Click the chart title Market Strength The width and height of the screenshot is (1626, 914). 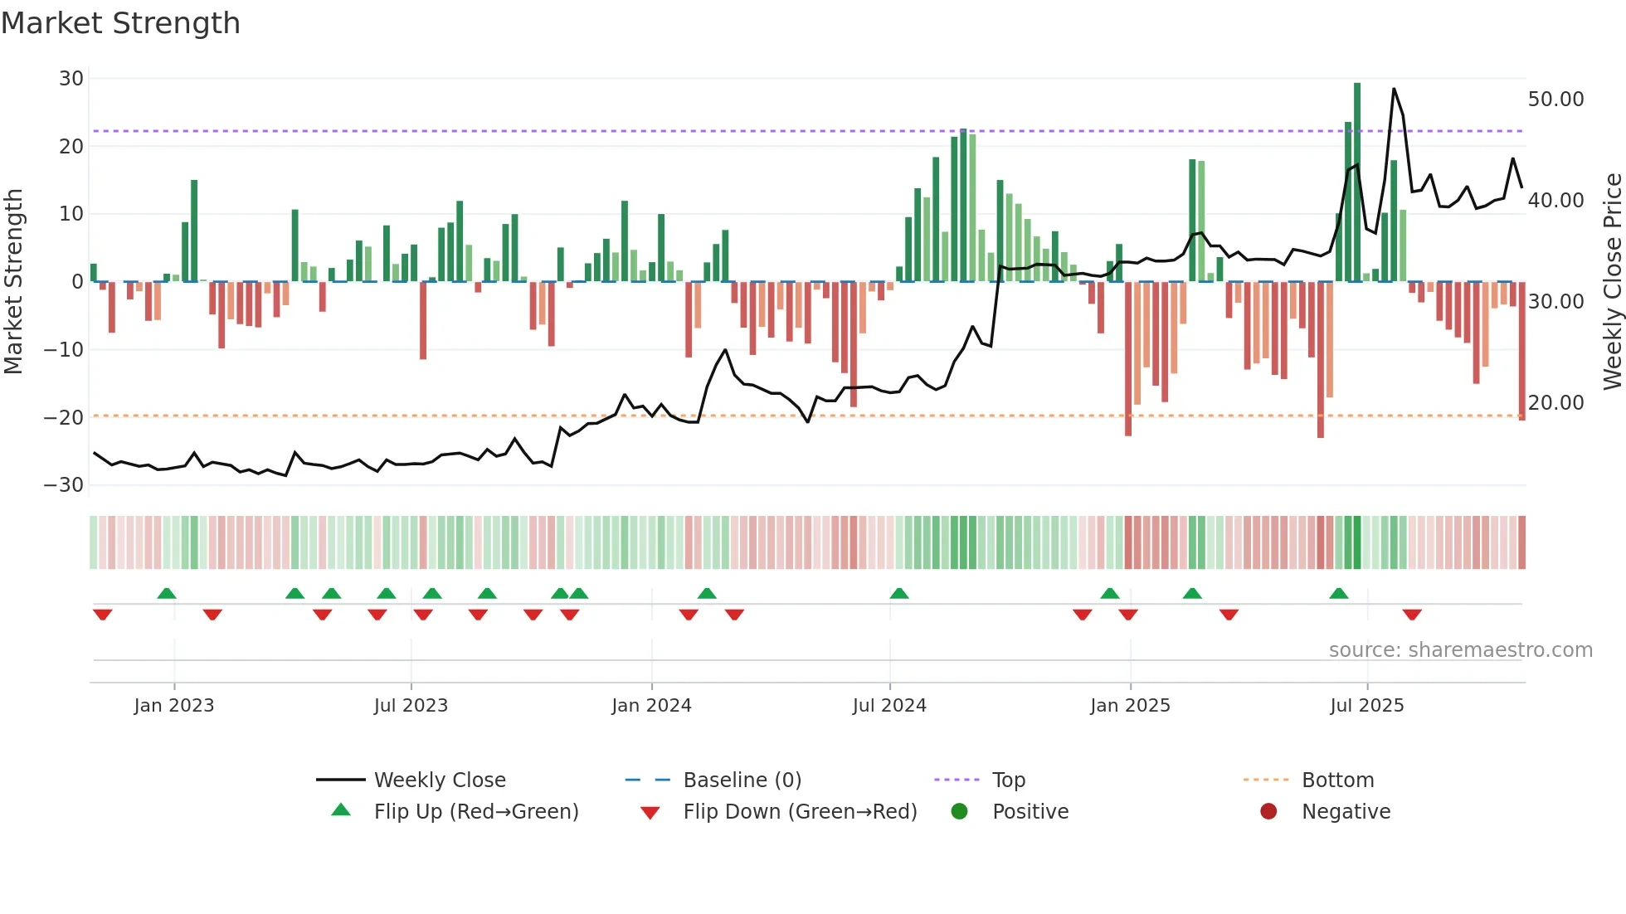click(120, 23)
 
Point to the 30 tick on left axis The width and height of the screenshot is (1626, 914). click(71, 79)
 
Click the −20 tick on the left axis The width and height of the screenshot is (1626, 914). click(65, 417)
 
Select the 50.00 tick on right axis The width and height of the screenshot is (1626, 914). click(1555, 100)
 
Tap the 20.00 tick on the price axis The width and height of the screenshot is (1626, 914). click(1555, 403)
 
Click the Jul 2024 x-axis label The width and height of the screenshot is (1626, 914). click(889, 706)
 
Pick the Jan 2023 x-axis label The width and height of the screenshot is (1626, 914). click(174, 706)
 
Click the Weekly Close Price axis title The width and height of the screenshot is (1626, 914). click(1612, 282)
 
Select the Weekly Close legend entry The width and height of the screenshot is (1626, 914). click(439, 780)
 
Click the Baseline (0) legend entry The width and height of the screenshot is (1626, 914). click(742, 780)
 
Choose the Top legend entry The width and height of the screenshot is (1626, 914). click(1009, 780)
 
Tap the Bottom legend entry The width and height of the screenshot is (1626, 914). click(1337, 780)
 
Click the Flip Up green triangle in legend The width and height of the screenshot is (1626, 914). click(341, 810)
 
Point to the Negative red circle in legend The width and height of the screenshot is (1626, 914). click(1268, 811)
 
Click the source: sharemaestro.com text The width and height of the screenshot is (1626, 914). click(1460, 650)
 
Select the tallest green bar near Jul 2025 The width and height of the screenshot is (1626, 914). click(1357, 182)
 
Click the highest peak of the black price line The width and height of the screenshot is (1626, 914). click(1394, 89)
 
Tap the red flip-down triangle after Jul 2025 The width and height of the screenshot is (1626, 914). click(1412, 615)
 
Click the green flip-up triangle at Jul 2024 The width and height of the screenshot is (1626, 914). click(899, 593)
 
